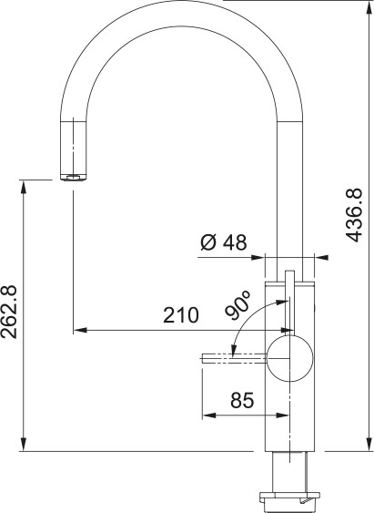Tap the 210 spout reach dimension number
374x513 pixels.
coord(180,316)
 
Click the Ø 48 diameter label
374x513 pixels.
coord(223,243)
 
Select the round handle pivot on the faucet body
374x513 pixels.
coord(289,358)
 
